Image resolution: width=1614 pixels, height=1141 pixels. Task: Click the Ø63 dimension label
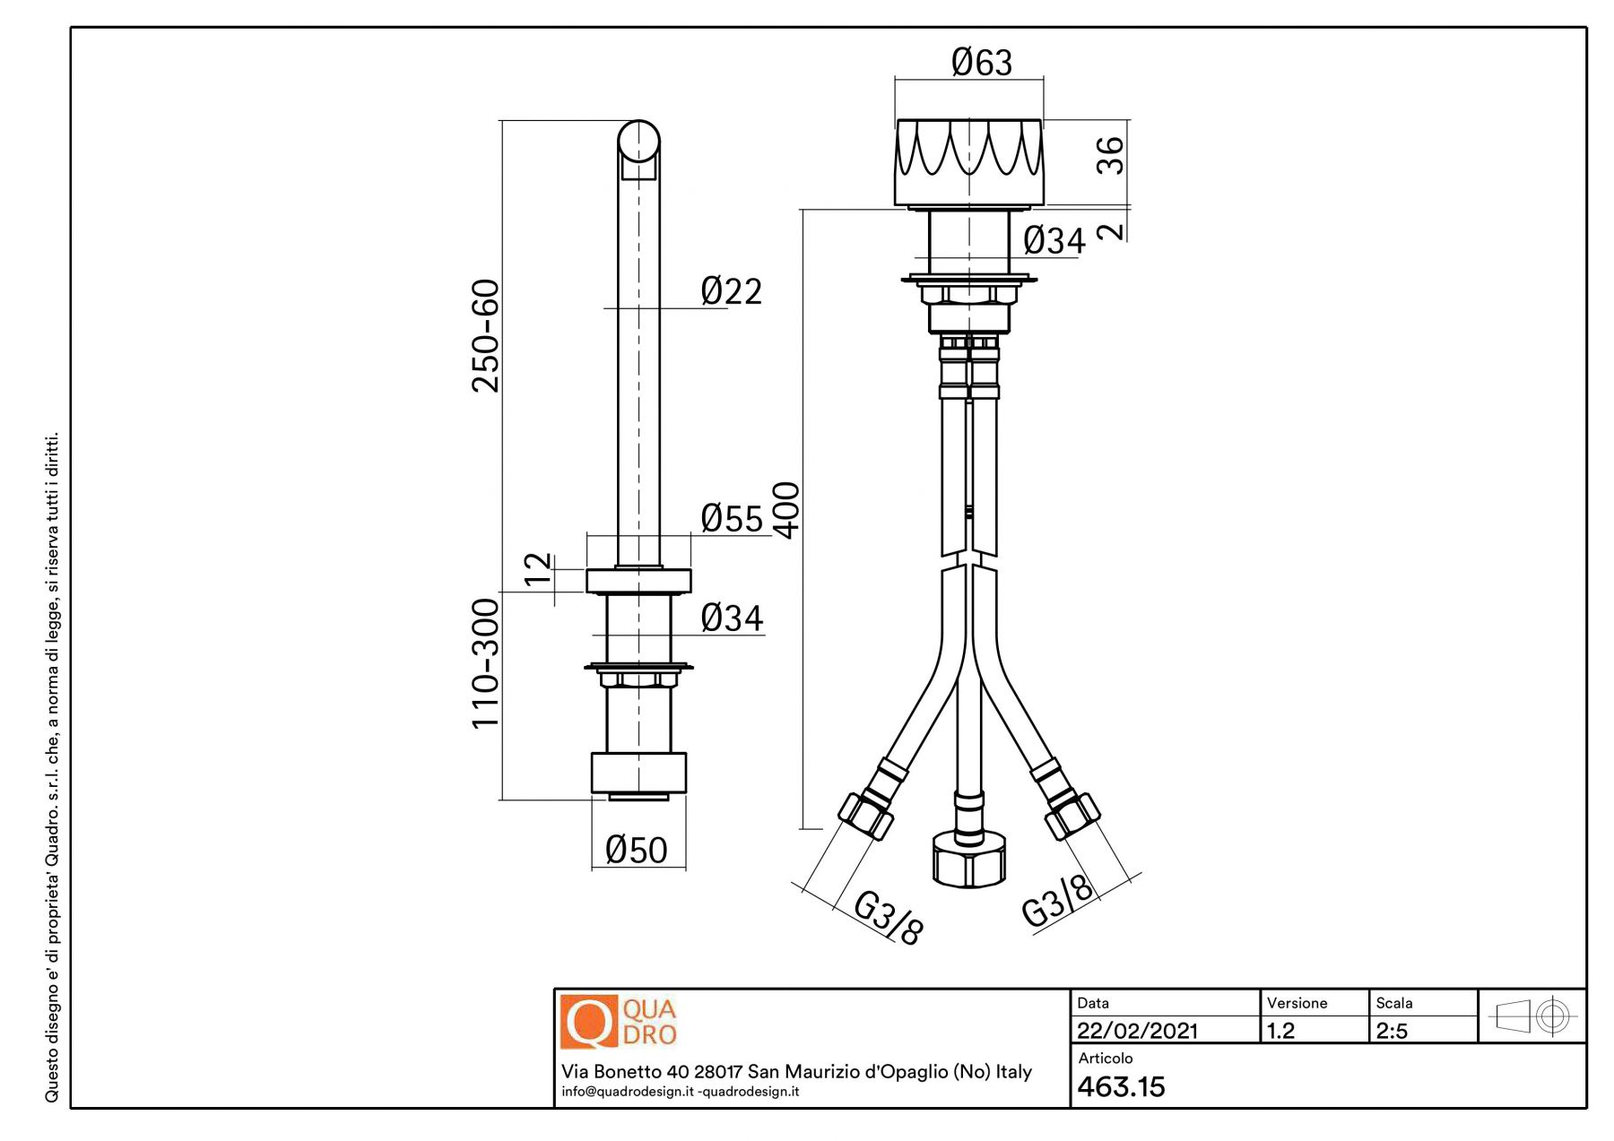coord(982,62)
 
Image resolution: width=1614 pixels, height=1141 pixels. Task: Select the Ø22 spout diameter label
coord(732,291)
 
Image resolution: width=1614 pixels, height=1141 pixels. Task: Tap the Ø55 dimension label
coord(732,518)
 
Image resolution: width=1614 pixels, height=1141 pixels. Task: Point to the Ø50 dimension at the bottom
coord(637,850)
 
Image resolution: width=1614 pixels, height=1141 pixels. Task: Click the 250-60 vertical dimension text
coord(486,336)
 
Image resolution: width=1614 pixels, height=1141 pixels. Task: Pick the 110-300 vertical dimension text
coord(486,663)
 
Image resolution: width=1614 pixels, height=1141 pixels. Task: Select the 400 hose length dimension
coord(786,510)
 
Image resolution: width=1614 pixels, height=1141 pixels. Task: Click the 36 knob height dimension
coord(1110,155)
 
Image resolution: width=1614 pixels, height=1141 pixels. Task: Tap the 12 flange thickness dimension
coord(538,569)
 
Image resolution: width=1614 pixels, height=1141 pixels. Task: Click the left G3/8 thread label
coord(888,917)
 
